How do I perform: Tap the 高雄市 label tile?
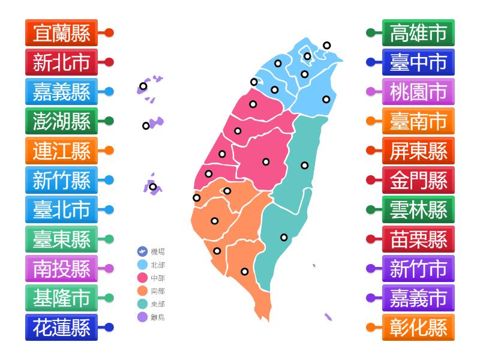tap(418, 33)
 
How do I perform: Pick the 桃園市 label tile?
tap(418, 92)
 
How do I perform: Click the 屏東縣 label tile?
tap(418, 151)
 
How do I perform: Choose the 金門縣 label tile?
tap(418, 180)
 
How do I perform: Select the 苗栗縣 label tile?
tap(418, 239)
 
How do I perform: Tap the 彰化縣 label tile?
tap(418, 327)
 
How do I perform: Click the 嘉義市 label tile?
tap(418, 298)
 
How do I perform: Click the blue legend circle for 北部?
tap(143, 265)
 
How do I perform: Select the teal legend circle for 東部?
tap(143, 304)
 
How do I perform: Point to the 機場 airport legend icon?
tap(143, 252)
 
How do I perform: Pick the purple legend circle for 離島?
tap(143, 317)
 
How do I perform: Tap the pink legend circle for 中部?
tap(143, 278)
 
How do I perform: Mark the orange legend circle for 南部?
tap(143, 291)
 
